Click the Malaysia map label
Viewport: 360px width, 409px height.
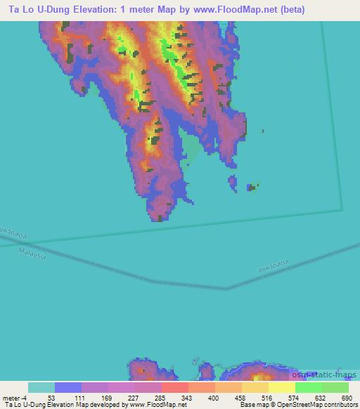tap(33, 252)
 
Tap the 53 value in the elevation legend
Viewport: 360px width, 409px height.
tap(51, 398)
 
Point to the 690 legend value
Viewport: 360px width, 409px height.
tap(345, 398)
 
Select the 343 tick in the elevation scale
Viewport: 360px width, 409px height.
tap(185, 398)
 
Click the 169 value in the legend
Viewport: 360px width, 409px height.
tap(105, 398)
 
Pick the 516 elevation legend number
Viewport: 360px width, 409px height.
tap(265, 398)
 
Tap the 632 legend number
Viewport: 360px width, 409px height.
tap(319, 398)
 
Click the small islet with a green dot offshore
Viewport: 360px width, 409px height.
tap(251, 187)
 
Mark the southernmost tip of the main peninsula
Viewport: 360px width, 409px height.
tap(160, 220)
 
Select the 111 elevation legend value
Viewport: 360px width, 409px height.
tap(78, 398)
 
